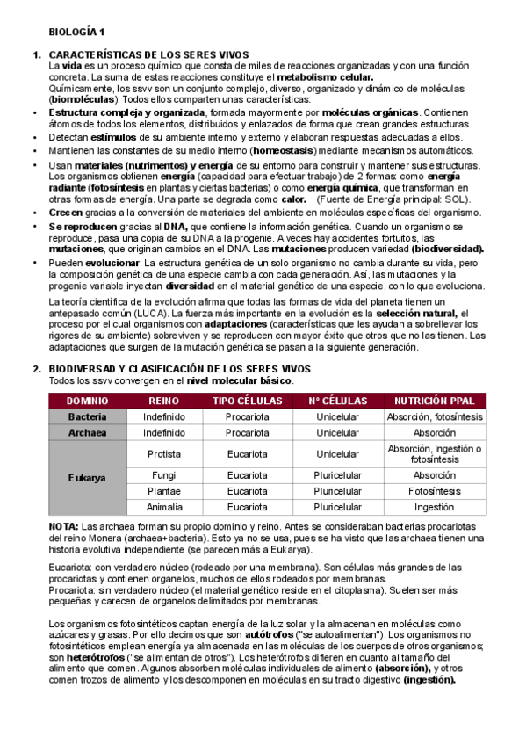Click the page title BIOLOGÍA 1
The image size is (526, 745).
[76, 30]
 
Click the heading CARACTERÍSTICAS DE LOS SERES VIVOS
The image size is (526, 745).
[148, 55]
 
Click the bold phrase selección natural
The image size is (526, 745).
[417, 313]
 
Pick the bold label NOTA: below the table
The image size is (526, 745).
[63, 525]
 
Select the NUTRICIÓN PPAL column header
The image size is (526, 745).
[434, 401]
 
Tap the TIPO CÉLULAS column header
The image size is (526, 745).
[247, 401]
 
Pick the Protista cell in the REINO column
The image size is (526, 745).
[163, 454]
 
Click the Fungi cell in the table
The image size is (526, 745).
[163, 475]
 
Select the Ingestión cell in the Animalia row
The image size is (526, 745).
[434, 507]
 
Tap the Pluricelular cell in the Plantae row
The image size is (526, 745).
[337, 491]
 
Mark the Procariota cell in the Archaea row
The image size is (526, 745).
[247, 432]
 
